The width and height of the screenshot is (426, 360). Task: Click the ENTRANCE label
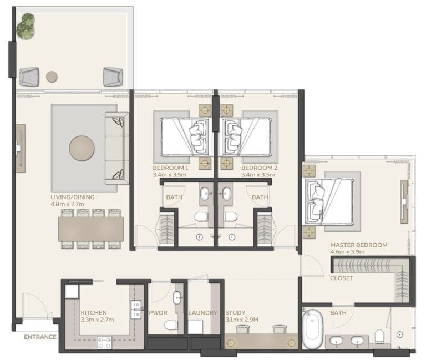coord(40,337)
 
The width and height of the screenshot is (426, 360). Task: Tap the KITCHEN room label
coord(94,313)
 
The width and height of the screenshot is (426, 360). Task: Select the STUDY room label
coord(236,313)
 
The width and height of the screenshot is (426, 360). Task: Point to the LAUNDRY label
coord(203,313)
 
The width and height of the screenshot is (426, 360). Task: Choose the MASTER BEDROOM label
coord(358,245)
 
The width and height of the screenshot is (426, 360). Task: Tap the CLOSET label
coord(341,278)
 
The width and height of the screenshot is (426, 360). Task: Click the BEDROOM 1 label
coord(171,168)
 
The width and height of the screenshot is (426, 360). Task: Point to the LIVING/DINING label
coord(72,197)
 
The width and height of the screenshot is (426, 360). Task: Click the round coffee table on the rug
coord(82,148)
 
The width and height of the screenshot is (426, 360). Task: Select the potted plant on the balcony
coord(26,26)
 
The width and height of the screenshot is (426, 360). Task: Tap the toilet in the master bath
coord(379,336)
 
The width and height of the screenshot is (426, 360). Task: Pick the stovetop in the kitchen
coord(104,342)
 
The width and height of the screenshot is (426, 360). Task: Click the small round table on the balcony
coord(52,77)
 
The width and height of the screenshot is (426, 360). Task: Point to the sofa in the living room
coord(116,148)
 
